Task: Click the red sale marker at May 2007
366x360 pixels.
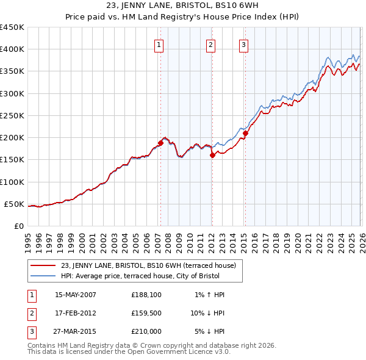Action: tap(160, 143)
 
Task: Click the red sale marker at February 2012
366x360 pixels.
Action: tap(212, 156)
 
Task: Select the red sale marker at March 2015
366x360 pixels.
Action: tap(245, 133)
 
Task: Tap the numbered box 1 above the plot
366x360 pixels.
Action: tap(159, 44)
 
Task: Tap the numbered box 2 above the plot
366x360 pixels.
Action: tap(210, 44)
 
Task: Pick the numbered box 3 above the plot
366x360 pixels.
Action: tap(243, 44)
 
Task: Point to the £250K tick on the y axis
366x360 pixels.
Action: tap(12, 115)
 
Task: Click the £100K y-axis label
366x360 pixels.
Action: tap(12, 182)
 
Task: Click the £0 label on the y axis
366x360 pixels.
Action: tap(18, 226)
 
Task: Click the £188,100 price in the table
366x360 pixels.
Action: tap(147, 295)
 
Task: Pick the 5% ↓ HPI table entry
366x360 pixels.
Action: tap(209, 331)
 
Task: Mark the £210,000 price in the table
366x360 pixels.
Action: tap(147, 331)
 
